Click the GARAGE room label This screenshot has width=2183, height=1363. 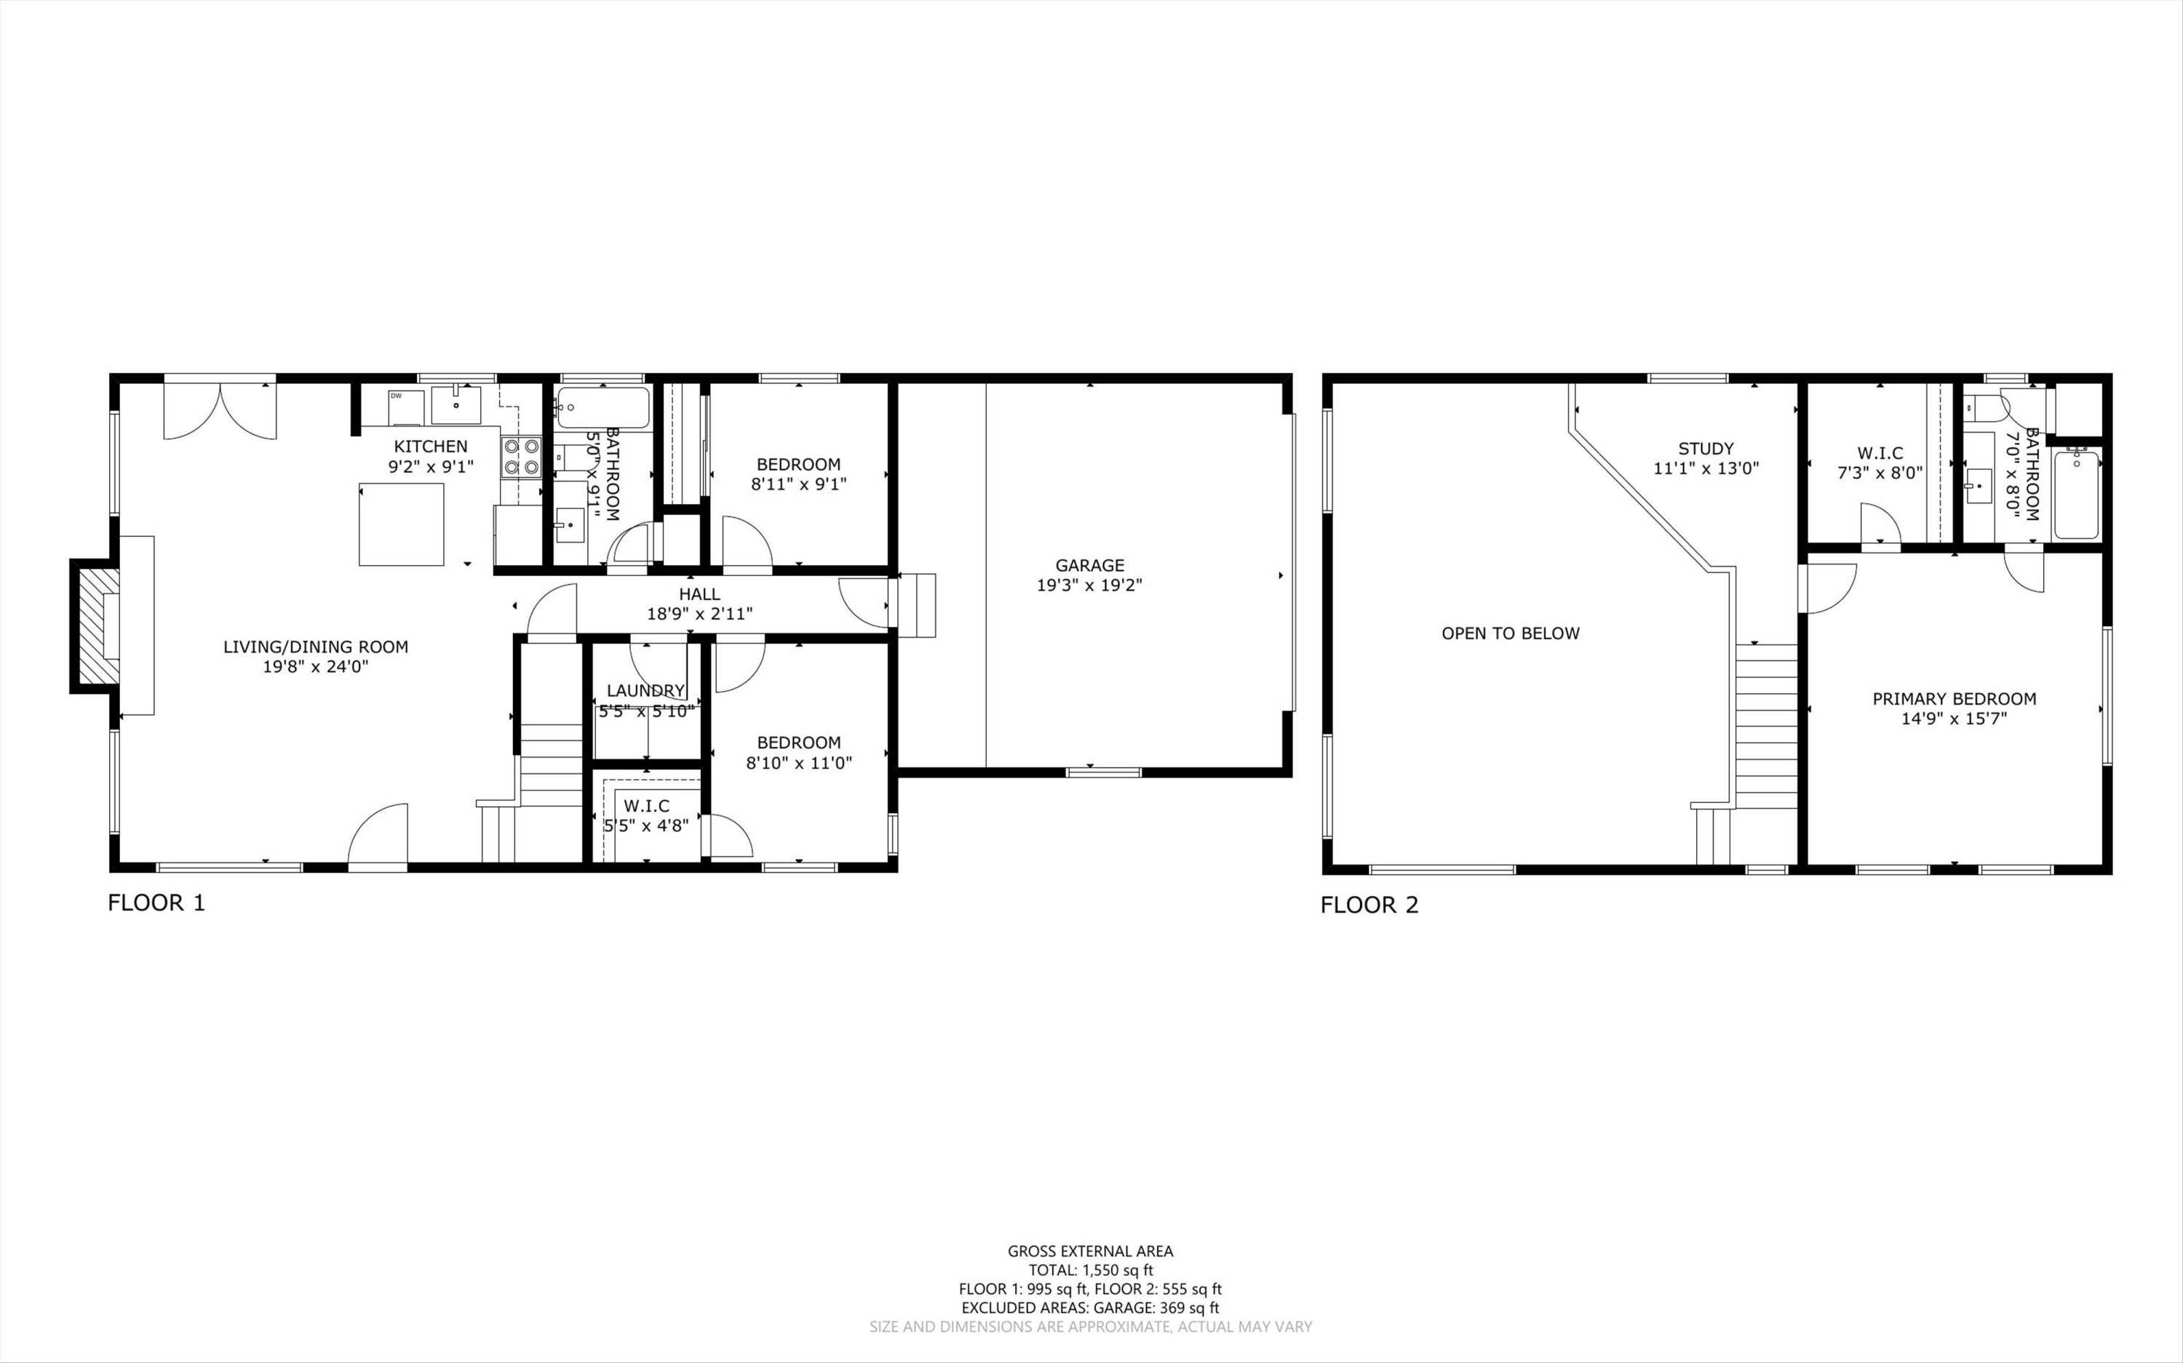(x=1089, y=565)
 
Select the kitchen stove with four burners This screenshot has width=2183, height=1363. (x=521, y=456)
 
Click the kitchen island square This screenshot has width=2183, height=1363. (x=401, y=524)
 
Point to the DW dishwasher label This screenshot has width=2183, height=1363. (x=396, y=396)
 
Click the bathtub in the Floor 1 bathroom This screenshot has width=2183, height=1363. (x=603, y=407)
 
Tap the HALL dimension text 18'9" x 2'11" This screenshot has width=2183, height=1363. (x=700, y=614)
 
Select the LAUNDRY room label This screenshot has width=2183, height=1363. (x=645, y=690)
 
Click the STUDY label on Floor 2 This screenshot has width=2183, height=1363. (x=1705, y=448)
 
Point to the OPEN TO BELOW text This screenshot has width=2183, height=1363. (x=1511, y=633)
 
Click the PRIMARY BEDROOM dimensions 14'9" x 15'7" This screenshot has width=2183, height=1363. (x=1954, y=719)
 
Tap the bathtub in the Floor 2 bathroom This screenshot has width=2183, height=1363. (x=2077, y=494)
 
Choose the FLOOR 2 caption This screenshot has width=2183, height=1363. (x=1369, y=905)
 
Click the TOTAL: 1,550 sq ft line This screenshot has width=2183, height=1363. (x=1090, y=1270)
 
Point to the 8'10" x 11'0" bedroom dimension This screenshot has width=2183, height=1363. (x=799, y=763)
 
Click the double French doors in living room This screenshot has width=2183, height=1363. (x=220, y=411)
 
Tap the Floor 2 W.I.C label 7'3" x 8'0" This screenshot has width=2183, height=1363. (x=1880, y=472)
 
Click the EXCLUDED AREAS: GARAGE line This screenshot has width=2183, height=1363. (x=1090, y=1308)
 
